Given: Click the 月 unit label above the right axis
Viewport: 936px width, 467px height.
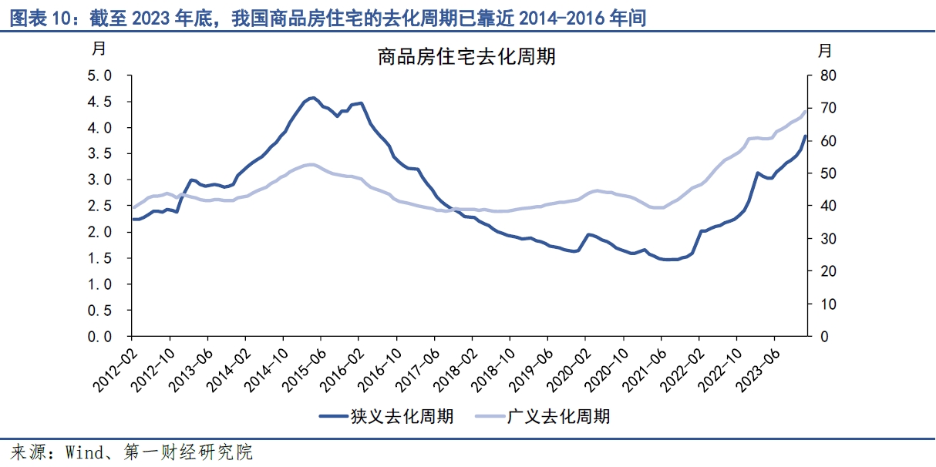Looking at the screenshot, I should [825, 52].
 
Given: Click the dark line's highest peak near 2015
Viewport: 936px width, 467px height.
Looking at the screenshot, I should [312, 98].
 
